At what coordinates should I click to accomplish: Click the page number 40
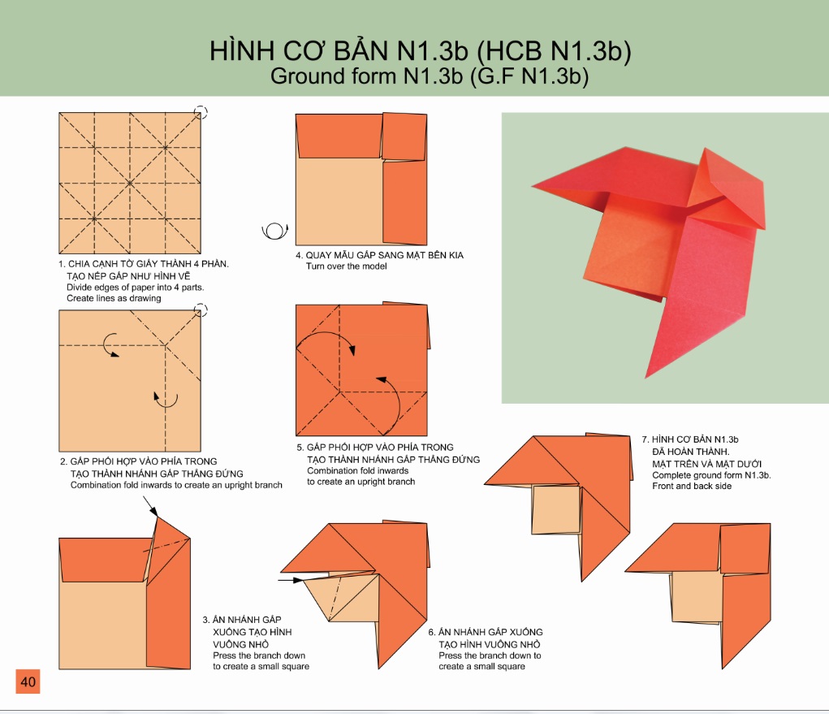click(28, 682)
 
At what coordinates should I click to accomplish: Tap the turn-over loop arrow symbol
click(275, 231)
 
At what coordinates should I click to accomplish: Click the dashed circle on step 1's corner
click(201, 112)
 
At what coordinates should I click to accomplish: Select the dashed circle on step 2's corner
click(201, 310)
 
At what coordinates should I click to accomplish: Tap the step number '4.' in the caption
click(300, 255)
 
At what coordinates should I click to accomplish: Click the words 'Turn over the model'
click(347, 266)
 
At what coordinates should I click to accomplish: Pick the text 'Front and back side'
click(692, 486)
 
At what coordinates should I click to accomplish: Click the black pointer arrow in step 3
click(151, 508)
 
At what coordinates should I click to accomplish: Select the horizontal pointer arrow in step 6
click(291, 580)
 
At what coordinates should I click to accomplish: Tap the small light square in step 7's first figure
click(556, 509)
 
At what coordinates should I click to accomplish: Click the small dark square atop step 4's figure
click(404, 136)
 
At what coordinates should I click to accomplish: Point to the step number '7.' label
click(645, 439)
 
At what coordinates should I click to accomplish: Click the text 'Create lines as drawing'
click(114, 298)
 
